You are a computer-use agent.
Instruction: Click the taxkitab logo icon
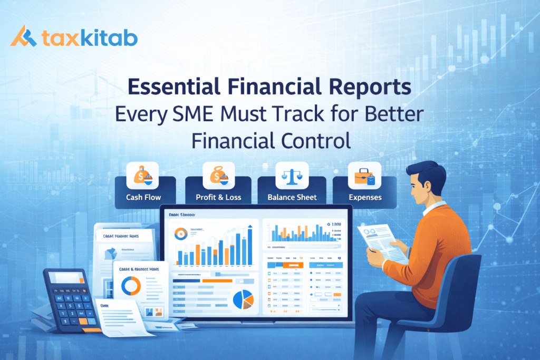click(x=24, y=38)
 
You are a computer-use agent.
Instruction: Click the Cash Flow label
click(x=143, y=197)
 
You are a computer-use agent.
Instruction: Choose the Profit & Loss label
click(x=218, y=197)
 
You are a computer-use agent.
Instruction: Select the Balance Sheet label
click(x=292, y=197)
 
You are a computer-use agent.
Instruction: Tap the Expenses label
click(x=365, y=197)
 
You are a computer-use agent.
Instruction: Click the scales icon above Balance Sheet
click(x=292, y=176)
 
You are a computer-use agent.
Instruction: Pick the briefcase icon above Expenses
click(x=364, y=176)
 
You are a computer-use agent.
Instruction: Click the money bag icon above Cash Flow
click(x=143, y=176)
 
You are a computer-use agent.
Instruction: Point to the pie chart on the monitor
click(x=243, y=299)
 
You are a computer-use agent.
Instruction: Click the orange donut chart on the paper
click(x=130, y=286)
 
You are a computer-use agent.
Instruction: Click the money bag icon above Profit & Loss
click(x=218, y=176)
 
